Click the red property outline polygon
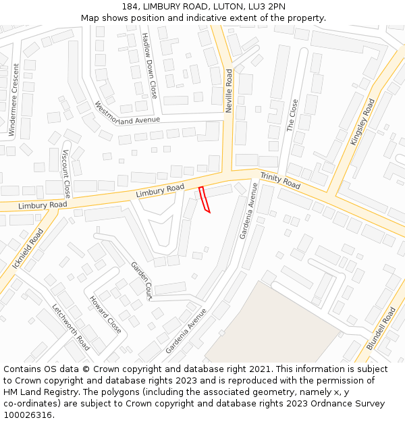pos(205,200)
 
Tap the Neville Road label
pos(229,90)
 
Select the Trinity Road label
pos(280,180)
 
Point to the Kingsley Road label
pos(362,122)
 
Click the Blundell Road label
pos(381,329)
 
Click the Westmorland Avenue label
pos(128,113)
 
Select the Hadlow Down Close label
pos(149,65)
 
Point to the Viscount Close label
pos(66,173)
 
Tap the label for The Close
pos(292,115)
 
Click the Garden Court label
pos(142,280)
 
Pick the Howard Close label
pos(105,314)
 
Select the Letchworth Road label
pos(71,327)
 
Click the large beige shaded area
pos(283,324)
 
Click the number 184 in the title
pos(131,6)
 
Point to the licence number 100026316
pos(28,415)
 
